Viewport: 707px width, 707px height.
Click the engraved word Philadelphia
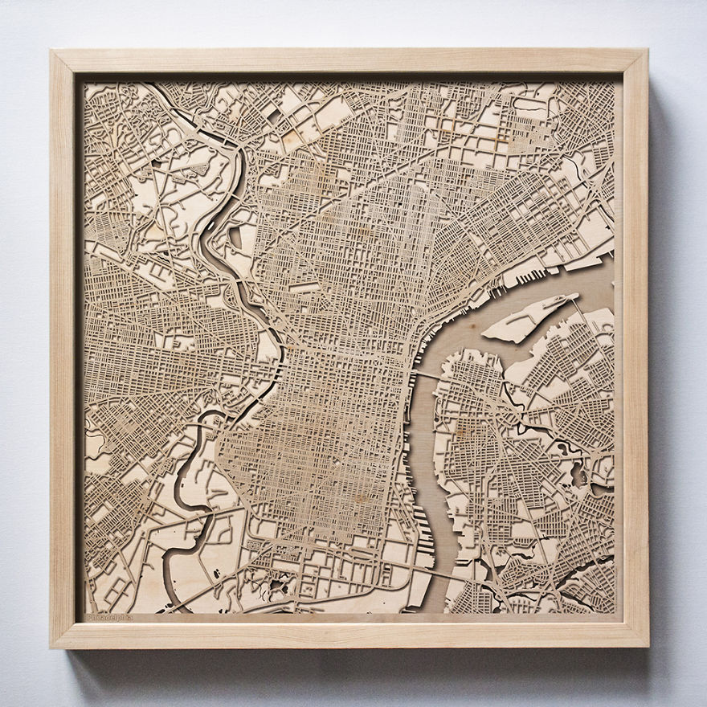(x=109, y=617)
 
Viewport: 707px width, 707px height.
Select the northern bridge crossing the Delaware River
(x=424, y=374)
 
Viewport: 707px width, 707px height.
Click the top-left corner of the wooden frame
(x=53, y=53)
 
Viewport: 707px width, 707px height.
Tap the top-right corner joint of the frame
(x=644, y=53)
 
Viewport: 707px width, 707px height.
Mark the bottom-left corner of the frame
(x=53, y=644)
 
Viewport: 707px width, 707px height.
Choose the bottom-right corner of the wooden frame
(x=644, y=644)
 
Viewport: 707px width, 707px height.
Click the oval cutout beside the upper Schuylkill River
(x=236, y=237)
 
